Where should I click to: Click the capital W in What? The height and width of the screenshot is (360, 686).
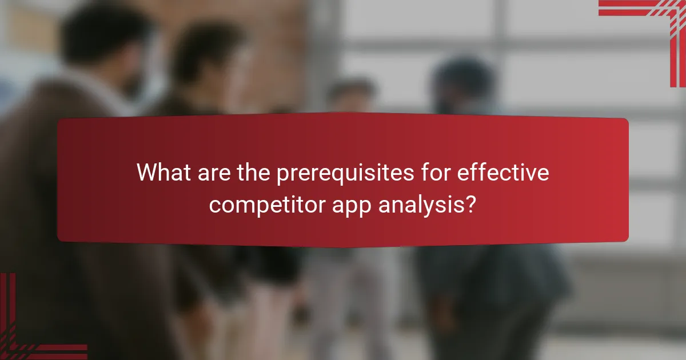pyautogui.click(x=146, y=173)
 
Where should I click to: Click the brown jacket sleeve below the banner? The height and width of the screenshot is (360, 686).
pyautogui.click(x=86, y=297)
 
